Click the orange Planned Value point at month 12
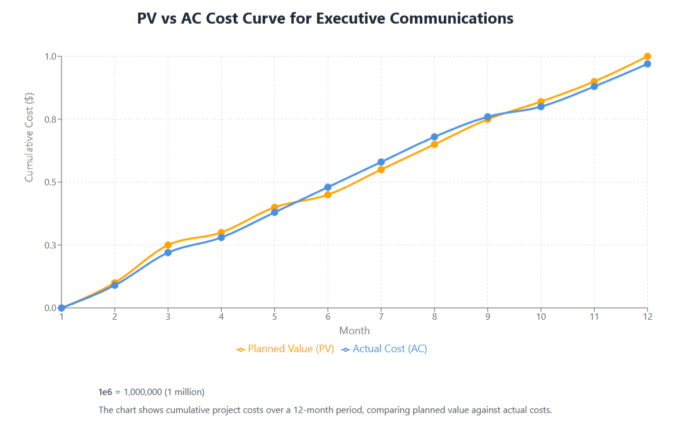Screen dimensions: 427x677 click(647, 57)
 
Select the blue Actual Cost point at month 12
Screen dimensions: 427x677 click(647, 64)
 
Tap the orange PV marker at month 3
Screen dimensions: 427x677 click(168, 245)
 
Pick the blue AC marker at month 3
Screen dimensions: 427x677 click(168, 252)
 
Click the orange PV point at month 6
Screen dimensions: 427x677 click(328, 195)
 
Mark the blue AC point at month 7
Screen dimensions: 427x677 click(381, 162)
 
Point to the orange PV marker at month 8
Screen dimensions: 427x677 click(435, 144)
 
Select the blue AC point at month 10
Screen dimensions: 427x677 click(541, 107)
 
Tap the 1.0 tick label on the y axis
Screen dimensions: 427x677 click(49, 57)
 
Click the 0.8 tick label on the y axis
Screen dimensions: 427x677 click(49, 120)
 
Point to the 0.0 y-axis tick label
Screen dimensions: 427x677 click(49, 308)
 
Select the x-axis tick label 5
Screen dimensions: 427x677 click(274, 317)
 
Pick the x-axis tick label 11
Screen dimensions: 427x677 click(594, 317)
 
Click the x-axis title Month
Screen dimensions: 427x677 click(354, 331)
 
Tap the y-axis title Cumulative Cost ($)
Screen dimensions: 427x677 click(29, 137)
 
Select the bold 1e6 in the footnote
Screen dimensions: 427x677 click(105, 392)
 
